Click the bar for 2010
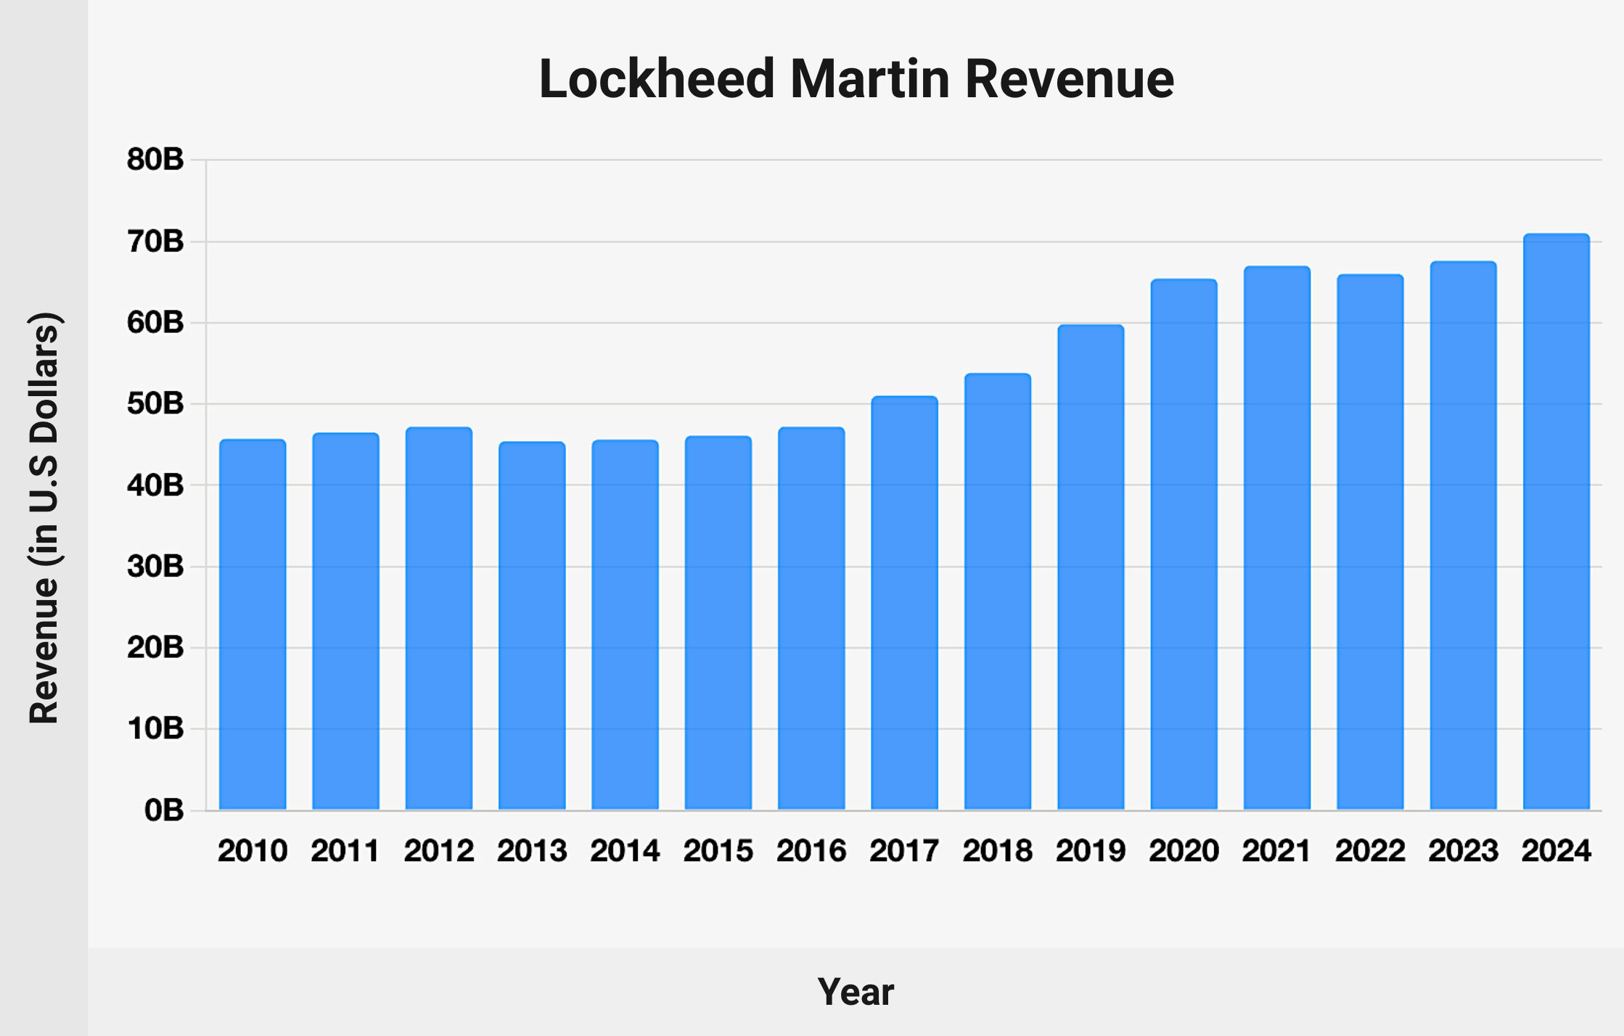click(253, 624)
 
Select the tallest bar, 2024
click(1557, 522)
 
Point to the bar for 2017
click(904, 602)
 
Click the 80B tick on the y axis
click(155, 160)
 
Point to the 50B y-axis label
click(155, 404)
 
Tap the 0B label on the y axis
click(164, 810)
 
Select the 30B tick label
click(155, 567)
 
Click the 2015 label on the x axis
click(718, 851)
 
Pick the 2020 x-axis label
click(1184, 851)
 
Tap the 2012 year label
click(439, 851)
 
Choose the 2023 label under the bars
click(1463, 851)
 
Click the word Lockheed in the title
click(657, 79)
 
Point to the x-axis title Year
click(856, 992)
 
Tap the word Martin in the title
click(870, 79)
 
